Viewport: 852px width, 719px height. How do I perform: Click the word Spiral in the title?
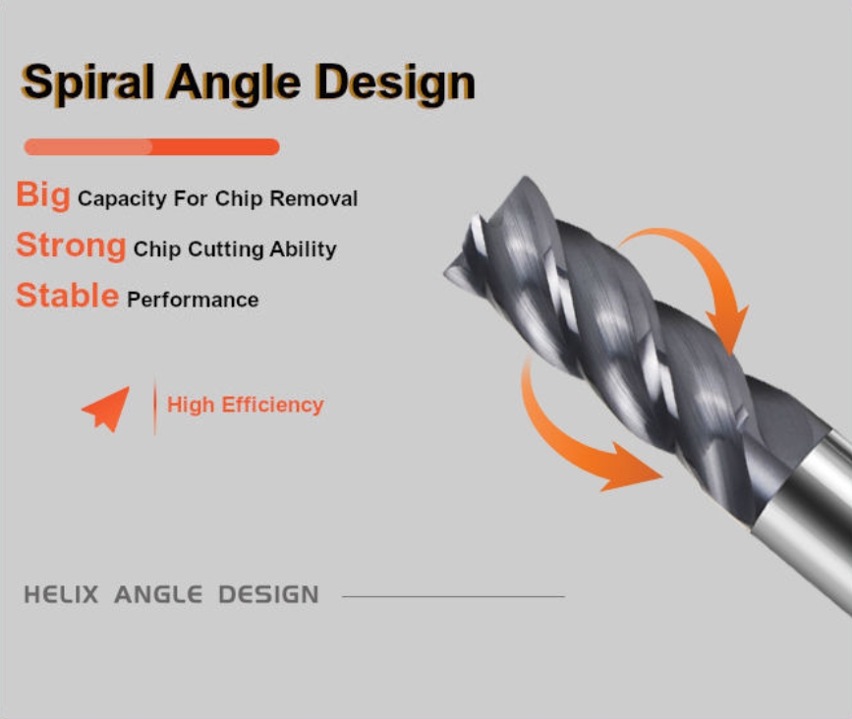[87, 83]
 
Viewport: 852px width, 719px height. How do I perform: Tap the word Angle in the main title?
[234, 83]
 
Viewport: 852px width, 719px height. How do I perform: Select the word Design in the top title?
[396, 83]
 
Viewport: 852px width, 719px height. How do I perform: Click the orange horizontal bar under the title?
[151, 146]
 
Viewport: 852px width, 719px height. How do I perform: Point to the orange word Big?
[43, 194]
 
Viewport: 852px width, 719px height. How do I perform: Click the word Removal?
[313, 198]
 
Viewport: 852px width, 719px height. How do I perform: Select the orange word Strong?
[71, 246]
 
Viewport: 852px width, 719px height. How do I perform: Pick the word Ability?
[303, 249]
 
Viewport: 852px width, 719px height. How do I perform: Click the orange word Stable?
[68, 296]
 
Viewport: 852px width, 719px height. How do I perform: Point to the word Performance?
[193, 300]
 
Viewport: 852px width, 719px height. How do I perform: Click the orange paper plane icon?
[107, 410]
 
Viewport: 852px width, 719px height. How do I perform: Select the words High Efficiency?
[245, 405]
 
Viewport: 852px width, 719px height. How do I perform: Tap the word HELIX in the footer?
[61, 594]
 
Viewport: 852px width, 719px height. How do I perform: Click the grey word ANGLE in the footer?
[158, 594]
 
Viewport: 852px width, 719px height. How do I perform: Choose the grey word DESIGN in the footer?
[268, 594]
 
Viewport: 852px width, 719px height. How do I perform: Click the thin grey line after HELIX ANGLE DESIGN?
[453, 596]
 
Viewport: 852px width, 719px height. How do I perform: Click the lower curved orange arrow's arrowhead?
[633, 469]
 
